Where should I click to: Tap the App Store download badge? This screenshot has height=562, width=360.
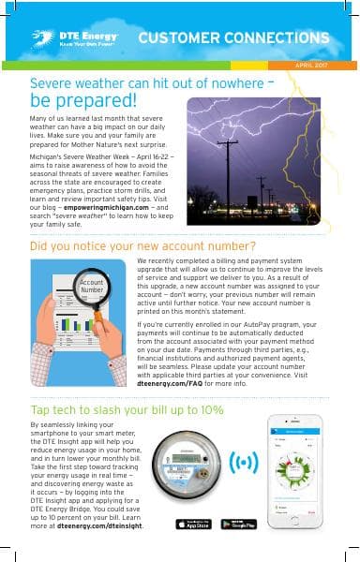pos(193,524)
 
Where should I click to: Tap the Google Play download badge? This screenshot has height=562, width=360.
pos(239,524)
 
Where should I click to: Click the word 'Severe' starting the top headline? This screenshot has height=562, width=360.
pos(53,81)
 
